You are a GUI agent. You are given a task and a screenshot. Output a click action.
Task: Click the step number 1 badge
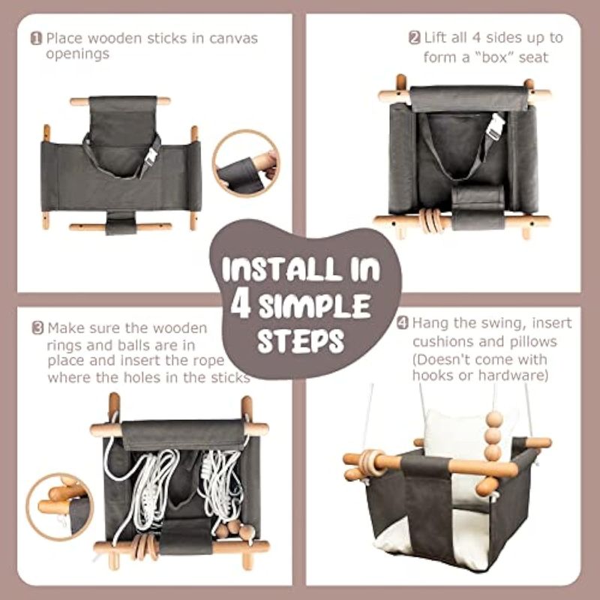click(36, 39)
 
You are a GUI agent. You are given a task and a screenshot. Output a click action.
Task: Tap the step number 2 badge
click(415, 38)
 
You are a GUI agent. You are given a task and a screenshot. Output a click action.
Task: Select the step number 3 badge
click(37, 328)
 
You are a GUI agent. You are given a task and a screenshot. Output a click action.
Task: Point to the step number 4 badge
click(403, 323)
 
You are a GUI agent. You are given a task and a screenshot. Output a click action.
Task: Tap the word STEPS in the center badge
click(301, 340)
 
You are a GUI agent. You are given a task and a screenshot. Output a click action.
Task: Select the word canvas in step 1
click(233, 39)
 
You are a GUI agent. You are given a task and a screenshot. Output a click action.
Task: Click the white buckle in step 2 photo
click(495, 127)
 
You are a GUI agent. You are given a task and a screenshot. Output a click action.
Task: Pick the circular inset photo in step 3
click(60, 507)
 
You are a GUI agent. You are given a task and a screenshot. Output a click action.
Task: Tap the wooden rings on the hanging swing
click(370, 462)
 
